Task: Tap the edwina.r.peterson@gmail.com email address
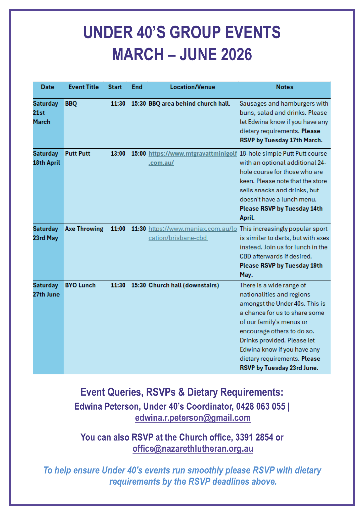click(x=193, y=418)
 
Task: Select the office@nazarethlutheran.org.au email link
click(x=193, y=449)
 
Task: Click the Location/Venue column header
click(x=193, y=87)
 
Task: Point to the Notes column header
click(x=285, y=87)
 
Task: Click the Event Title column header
click(x=83, y=87)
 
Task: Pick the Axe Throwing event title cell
click(x=84, y=229)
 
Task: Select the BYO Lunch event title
click(x=80, y=285)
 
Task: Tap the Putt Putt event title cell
click(x=77, y=154)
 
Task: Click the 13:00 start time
click(x=118, y=154)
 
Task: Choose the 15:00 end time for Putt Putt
click(x=139, y=154)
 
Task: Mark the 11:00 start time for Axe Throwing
click(x=118, y=229)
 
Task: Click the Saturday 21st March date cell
click(x=45, y=113)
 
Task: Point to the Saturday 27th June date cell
click(x=46, y=290)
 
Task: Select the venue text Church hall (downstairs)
click(x=184, y=285)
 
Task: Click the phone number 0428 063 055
click(x=260, y=406)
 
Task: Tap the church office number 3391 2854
click(x=254, y=437)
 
